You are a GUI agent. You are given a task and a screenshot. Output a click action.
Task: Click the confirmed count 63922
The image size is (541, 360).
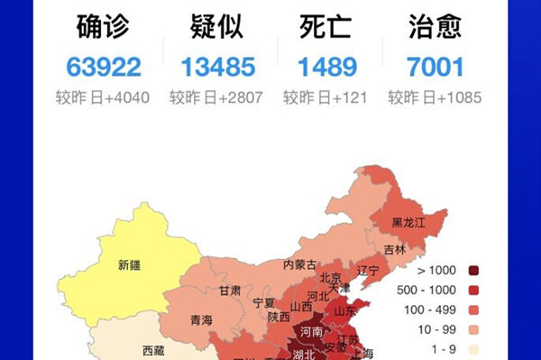104,67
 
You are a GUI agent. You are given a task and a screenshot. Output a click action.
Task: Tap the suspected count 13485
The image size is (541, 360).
217,67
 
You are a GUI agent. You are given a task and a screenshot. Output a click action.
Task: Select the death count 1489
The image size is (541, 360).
327,67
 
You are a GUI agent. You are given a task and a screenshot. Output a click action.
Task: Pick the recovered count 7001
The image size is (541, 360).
435,67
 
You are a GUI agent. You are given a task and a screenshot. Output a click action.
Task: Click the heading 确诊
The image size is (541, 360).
103,28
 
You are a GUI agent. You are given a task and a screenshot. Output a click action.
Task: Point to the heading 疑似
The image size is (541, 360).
217,28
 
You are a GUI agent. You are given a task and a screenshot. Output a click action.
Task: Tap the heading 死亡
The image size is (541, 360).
326,28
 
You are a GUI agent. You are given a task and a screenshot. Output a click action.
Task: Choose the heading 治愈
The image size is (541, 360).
435,28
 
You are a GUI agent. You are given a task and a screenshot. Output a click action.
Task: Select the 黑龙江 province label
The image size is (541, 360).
409,222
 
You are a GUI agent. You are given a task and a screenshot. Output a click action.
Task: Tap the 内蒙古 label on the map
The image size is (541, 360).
300,264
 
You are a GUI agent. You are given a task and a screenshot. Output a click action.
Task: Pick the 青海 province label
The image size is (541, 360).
201,318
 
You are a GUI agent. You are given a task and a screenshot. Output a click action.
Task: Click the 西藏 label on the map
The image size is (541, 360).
153,349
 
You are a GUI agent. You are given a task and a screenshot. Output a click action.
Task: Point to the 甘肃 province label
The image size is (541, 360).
229,291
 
